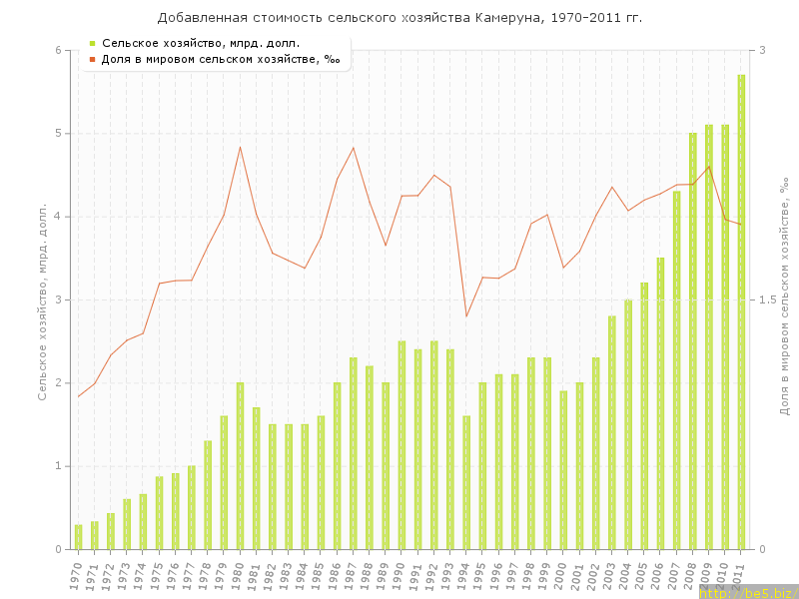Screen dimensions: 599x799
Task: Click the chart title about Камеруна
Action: [x=399, y=18]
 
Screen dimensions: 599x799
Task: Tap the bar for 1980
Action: [x=240, y=465]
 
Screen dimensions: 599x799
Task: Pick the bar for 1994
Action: [x=466, y=482]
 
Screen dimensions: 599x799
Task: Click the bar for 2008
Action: [x=693, y=340]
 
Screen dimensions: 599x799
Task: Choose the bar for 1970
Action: [x=78, y=537]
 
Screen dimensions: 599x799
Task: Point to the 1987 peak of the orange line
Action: [x=354, y=148]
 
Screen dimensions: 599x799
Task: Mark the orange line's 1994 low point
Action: [x=466, y=316]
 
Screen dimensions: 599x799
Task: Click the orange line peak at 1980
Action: [x=240, y=148]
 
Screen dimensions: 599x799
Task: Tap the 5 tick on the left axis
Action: [x=58, y=134]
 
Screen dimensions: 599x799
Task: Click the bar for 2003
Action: [x=612, y=432]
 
